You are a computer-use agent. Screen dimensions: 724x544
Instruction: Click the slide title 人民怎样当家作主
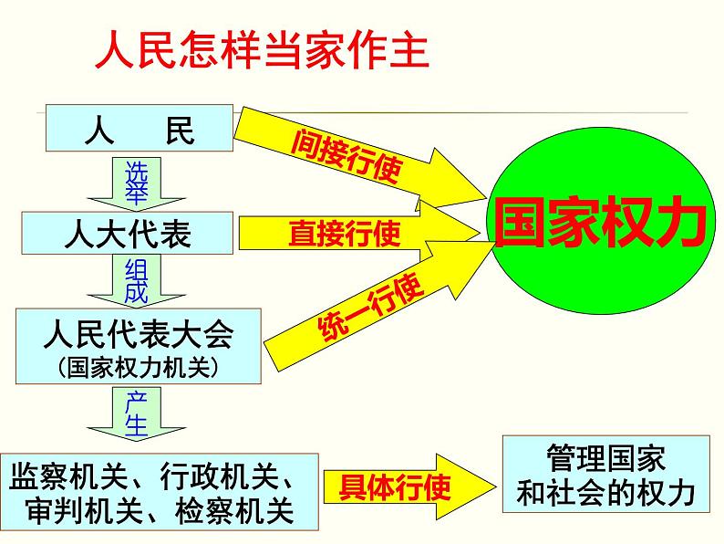(261, 52)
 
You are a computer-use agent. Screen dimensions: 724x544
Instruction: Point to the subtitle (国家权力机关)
(138, 365)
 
